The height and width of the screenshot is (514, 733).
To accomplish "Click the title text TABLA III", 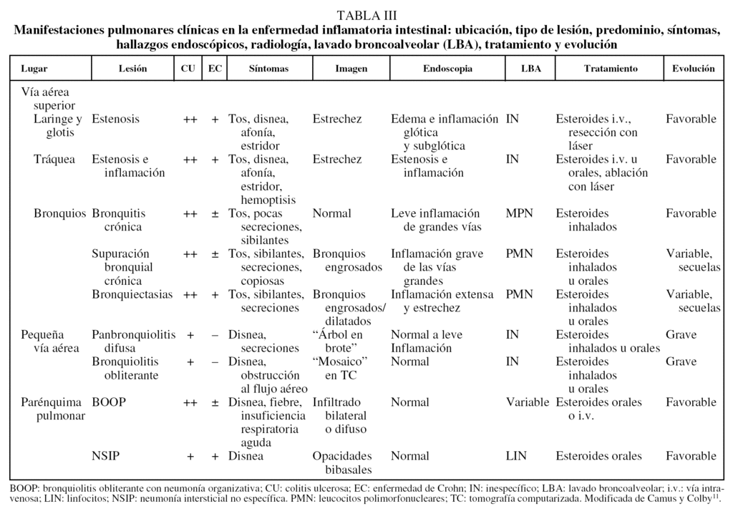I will [366, 15].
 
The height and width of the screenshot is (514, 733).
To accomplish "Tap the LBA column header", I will [531, 69].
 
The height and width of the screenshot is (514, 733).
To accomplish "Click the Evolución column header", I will [693, 69].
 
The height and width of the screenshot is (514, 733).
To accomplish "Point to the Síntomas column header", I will [268, 69].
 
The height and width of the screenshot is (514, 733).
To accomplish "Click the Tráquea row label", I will [54, 159].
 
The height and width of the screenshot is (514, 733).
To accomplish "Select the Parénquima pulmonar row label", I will [52, 409].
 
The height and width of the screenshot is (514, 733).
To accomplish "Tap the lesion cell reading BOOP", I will [109, 402].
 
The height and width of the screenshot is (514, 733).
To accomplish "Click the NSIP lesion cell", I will [106, 456].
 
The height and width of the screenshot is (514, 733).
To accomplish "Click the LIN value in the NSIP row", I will [516, 456].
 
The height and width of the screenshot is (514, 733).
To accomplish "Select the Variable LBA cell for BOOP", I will [528, 402].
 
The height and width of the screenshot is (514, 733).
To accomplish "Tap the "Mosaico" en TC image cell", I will [340, 368].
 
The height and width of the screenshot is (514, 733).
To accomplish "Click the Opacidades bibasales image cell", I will [343, 462].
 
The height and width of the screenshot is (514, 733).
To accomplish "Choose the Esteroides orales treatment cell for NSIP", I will [598, 456].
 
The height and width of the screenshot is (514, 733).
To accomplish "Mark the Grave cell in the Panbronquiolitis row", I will [681, 334].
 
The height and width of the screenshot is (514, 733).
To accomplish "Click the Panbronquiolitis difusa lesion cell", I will [134, 341].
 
